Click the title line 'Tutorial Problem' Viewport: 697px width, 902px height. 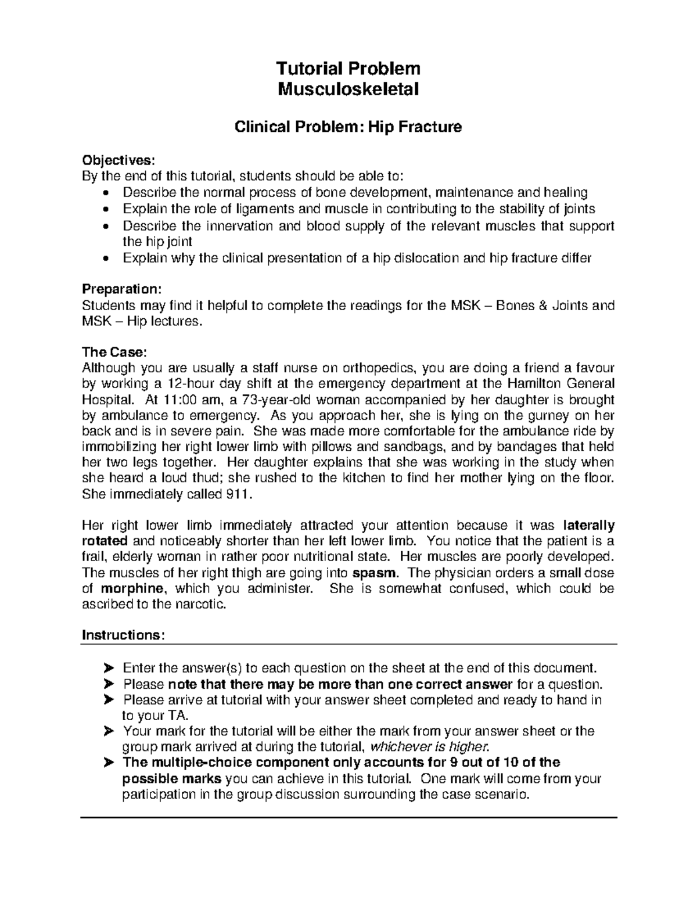348,69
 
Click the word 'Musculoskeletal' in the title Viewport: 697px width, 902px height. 348,89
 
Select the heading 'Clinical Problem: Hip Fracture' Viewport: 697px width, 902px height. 348,127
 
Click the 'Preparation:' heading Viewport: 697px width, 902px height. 123,289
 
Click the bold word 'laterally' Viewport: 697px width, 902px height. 588,526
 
